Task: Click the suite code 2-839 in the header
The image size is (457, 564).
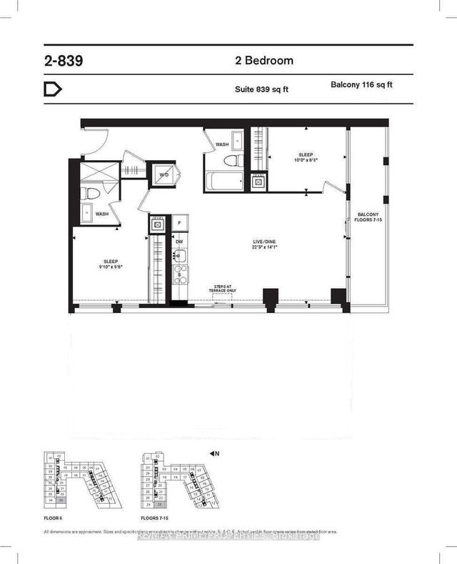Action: click(x=63, y=61)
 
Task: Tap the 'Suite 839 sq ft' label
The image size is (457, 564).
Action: click(x=262, y=89)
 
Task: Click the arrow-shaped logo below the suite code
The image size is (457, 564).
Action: click(x=54, y=89)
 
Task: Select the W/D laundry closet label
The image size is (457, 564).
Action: click(x=164, y=174)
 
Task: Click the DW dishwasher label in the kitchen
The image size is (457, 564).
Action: click(x=179, y=242)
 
